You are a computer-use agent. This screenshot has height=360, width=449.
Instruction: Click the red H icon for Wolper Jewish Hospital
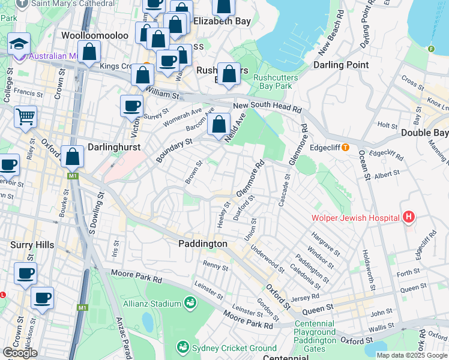(409, 217)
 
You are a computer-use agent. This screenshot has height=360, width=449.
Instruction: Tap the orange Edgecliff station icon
(345, 147)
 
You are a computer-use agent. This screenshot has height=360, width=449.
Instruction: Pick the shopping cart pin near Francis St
(25, 116)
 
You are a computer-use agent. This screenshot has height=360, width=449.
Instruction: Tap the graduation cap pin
(19, 43)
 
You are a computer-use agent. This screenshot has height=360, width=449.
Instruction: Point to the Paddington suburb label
(203, 244)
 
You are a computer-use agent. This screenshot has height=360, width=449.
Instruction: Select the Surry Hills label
(32, 245)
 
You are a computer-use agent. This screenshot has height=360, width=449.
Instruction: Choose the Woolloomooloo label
(95, 35)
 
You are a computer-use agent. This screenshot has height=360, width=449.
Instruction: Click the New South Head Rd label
(267, 107)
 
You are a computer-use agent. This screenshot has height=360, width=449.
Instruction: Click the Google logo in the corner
(20, 353)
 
